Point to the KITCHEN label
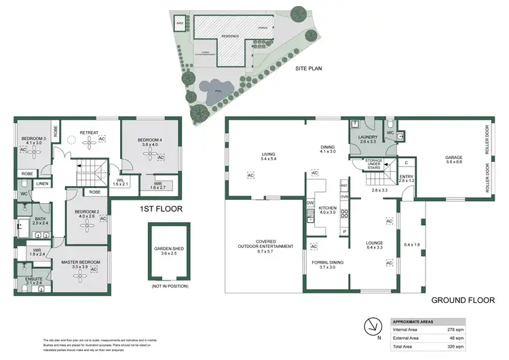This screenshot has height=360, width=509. pos(326,209)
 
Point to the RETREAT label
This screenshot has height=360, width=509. pos(89,132)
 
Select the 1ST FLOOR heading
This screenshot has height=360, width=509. pos(161,210)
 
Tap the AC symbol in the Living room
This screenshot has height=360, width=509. pos(250,175)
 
